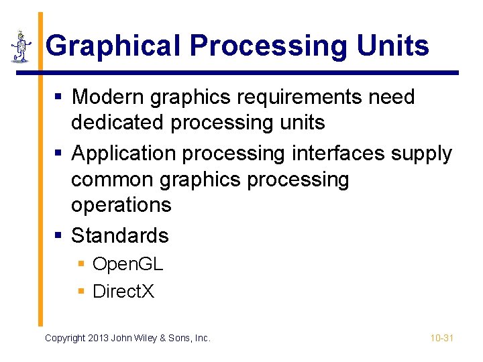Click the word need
tap(392, 97)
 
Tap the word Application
tap(124, 154)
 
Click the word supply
tap(422, 154)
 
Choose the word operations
tap(121, 204)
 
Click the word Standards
tap(120, 235)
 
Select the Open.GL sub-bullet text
tap(127, 264)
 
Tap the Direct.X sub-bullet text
tap(123, 291)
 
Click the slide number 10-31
tap(442, 338)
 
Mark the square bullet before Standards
tap(58, 235)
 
